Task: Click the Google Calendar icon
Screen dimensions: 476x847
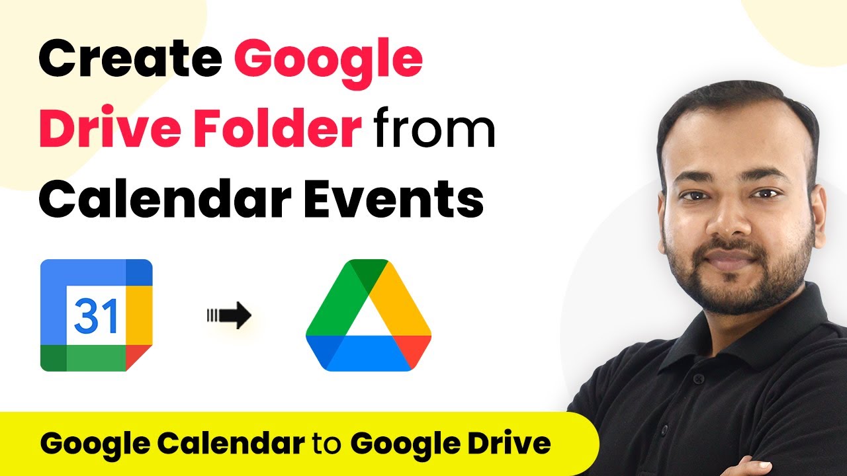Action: (x=97, y=315)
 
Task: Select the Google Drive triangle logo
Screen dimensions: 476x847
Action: (x=368, y=316)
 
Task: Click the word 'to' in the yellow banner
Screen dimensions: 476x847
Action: (x=327, y=444)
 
